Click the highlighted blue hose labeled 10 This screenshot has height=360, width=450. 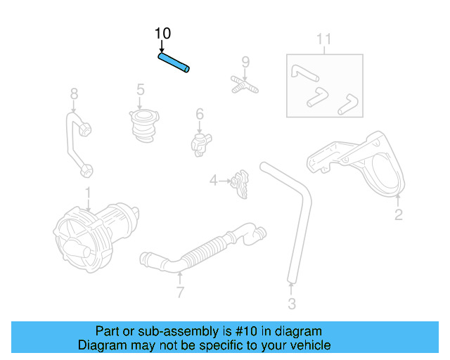point(174,63)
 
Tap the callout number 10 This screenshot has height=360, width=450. point(162,33)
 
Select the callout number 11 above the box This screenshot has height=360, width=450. point(323,39)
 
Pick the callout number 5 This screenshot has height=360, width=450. point(141,89)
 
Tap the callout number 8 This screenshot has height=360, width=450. point(74,93)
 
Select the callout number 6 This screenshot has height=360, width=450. point(200,114)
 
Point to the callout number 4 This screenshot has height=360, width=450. point(213,181)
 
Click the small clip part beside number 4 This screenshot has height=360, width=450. point(240,182)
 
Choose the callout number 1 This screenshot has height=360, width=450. point(88,192)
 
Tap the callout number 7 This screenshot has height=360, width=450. point(180,292)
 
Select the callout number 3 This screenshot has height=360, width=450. point(292,304)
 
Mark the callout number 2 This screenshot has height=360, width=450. point(399,214)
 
